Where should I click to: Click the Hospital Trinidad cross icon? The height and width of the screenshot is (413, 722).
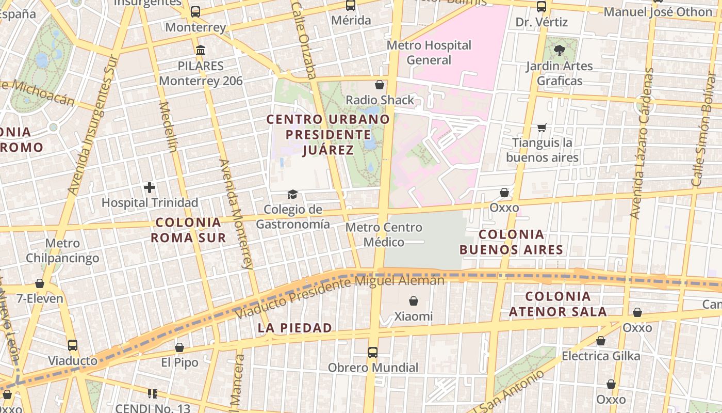pos(150,187)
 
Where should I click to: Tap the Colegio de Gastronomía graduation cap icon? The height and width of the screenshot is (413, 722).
pos(292,195)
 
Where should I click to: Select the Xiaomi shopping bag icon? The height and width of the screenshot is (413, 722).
pos(413,301)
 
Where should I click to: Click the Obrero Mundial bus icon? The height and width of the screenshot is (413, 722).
pos(372,353)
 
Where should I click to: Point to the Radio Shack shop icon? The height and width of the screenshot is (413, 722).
pos(380,85)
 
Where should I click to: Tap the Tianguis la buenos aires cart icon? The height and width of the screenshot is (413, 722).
pos(541,128)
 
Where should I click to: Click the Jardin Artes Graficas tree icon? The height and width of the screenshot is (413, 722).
pos(559,51)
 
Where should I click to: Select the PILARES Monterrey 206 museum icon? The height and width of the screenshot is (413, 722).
pos(201,51)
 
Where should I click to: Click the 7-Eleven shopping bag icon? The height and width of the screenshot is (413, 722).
pos(40,283)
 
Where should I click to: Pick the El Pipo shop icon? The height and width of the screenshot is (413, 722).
pos(179,347)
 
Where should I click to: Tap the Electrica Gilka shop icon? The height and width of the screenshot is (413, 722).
pos(600,341)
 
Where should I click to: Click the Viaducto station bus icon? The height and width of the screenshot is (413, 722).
pos(73,345)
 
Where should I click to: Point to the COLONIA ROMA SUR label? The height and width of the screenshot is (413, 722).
pos(188,230)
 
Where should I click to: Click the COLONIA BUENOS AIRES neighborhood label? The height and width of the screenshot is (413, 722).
pos(511,242)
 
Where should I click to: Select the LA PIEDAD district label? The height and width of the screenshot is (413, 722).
pos(294,328)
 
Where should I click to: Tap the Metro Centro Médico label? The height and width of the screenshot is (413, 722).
pos(384,234)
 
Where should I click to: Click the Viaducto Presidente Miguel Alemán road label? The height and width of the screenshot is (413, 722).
pos(339,296)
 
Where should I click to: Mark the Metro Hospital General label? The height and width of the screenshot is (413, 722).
pos(429,53)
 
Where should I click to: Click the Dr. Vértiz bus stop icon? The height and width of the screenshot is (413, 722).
pos(541,7)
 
